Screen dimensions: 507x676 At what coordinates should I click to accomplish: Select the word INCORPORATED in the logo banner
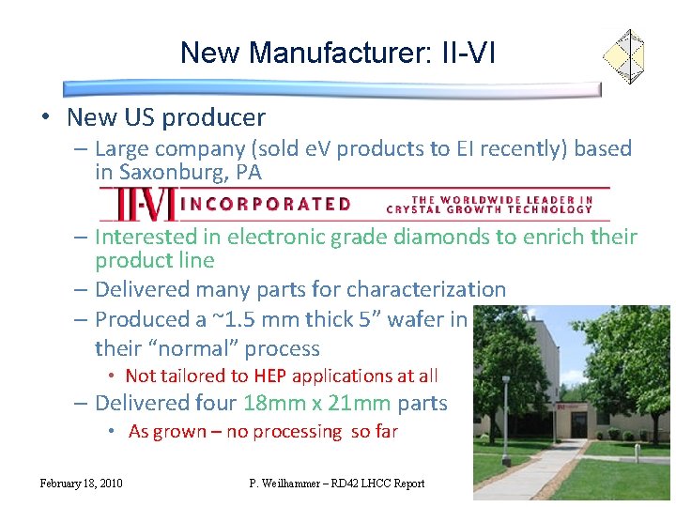pos(266,204)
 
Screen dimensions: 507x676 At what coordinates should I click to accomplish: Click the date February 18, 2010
pos(81,484)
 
